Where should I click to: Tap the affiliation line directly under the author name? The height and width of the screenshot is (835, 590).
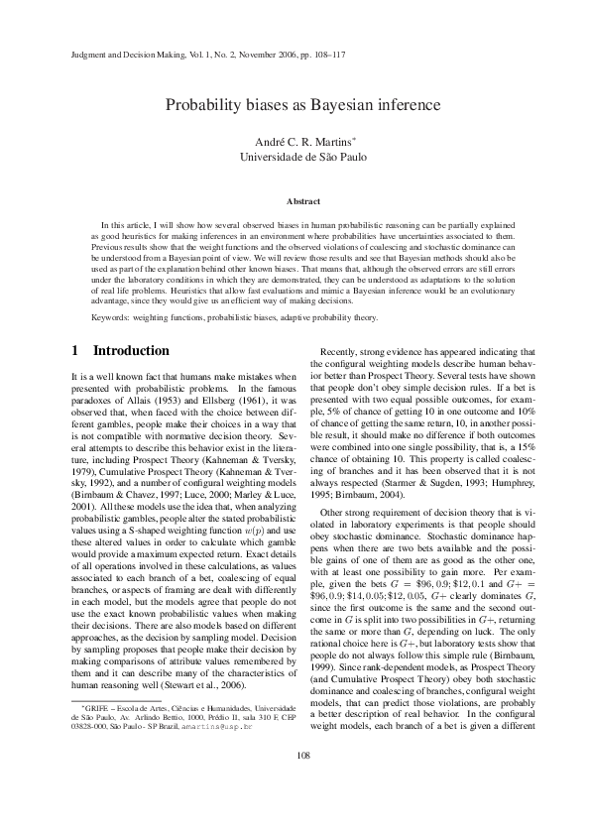295,157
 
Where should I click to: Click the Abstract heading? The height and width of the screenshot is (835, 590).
295,201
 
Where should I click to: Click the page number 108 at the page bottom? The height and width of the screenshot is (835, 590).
295,783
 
